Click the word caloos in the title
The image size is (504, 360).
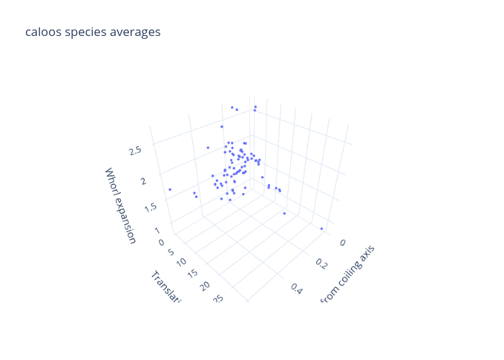(x=42, y=32)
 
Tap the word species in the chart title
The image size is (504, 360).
(x=85, y=32)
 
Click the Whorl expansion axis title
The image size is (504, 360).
(x=120, y=206)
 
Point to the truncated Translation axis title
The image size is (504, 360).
(x=166, y=286)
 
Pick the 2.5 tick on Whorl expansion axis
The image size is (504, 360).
(x=135, y=150)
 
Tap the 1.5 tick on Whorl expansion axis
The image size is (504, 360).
(x=150, y=207)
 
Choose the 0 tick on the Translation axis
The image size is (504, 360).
(x=161, y=243)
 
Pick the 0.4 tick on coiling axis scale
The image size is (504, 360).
(x=295, y=287)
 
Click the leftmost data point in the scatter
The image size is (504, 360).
(x=170, y=189)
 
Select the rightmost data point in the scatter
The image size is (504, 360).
(x=321, y=229)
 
